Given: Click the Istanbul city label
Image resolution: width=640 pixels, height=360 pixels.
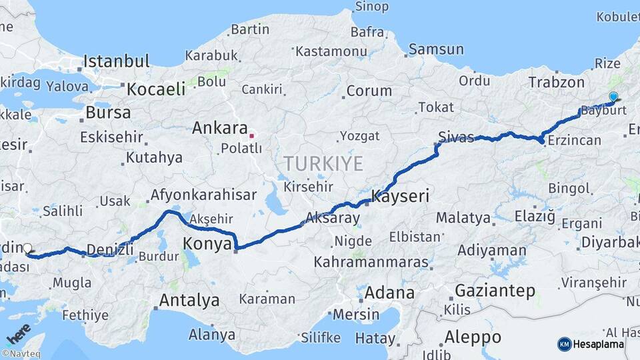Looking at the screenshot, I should click(117, 62).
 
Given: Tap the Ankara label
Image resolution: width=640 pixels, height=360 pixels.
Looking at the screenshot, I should click(219, 128).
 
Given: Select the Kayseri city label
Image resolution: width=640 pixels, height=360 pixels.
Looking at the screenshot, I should click(400, 197).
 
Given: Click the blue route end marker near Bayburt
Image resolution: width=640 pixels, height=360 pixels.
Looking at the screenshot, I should click(613, 97).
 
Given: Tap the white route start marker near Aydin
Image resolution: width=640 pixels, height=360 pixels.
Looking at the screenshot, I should click(27, 249).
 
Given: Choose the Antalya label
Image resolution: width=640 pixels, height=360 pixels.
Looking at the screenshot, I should click(189, 301).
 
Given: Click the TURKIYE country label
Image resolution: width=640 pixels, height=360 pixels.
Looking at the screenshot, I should click(323, 163).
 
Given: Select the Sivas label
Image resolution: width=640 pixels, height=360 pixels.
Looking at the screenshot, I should click(456, 138).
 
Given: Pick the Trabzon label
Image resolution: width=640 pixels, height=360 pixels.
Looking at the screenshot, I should click(556, 83).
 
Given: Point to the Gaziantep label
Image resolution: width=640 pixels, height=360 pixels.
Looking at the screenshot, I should click(495, 291).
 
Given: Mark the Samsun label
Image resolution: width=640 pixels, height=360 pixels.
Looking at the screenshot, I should click(436, 49).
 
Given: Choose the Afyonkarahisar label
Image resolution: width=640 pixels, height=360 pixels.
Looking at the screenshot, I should click(204, 195).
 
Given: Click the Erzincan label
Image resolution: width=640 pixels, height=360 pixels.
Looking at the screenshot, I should click(574, 141).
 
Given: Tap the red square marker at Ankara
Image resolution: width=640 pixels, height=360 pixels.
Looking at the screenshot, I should click(251, 136).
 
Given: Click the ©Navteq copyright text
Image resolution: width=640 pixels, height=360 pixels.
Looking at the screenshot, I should click(21, 354).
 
